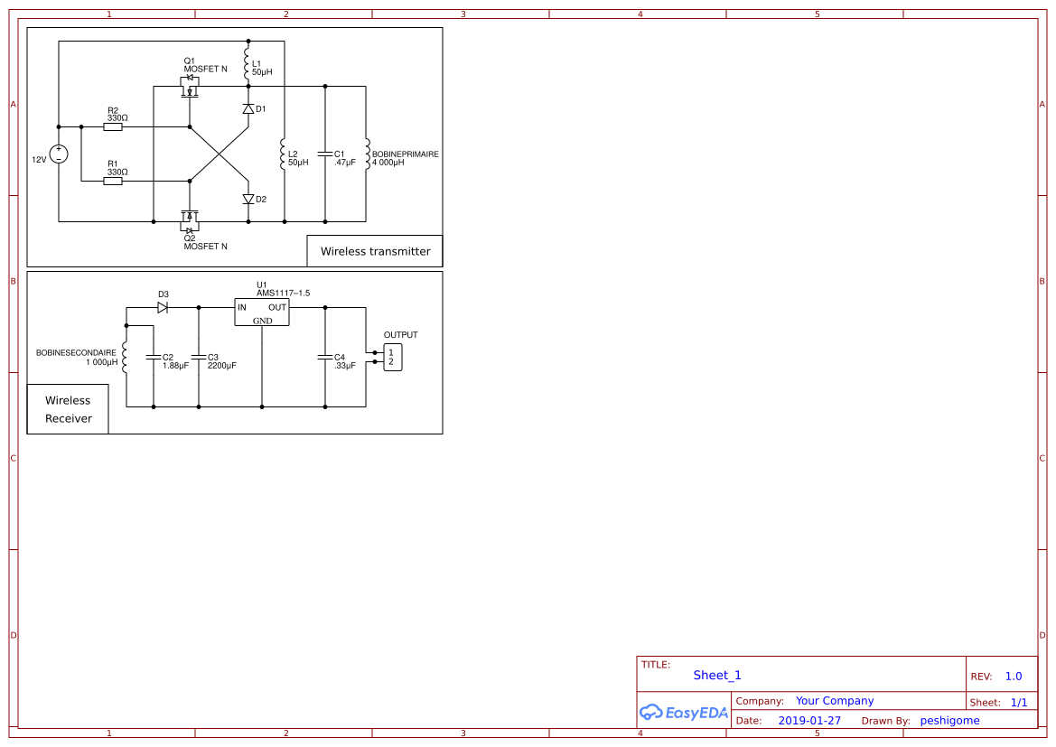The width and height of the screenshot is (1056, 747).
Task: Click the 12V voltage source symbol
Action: coord(59,154)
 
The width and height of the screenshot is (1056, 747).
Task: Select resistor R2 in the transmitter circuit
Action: coord(113,127)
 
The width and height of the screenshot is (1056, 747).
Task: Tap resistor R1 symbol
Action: coord(113,182)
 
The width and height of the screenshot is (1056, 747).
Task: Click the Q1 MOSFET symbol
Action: coord(190,89)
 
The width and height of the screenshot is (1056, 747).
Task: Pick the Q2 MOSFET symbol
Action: coord(190,219)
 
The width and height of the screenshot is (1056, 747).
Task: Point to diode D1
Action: coord(248,108)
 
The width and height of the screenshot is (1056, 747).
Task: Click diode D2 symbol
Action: coord(248,199)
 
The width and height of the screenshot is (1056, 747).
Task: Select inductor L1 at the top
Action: coord(248,63)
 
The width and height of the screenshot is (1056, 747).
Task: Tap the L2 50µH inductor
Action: coord(283,154)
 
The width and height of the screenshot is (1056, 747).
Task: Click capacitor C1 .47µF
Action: coord(325,154)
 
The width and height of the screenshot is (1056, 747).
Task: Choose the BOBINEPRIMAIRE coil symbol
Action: coord(366,154)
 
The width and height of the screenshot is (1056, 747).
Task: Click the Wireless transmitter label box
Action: coord(375,251)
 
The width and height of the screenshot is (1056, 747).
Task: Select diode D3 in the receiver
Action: coord(163,307)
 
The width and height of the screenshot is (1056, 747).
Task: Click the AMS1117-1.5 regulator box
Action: coord(261,312)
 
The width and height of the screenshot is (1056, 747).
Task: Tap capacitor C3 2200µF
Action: coord(199,358)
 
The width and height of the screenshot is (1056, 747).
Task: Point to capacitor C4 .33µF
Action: coord(325,358)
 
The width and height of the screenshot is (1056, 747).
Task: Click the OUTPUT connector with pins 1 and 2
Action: coord(392,358)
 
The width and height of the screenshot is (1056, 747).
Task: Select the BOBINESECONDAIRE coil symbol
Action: coord(125,358)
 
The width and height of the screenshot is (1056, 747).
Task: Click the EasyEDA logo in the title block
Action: coord(684,712)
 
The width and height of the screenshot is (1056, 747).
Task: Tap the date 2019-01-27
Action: coord(808,721)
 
